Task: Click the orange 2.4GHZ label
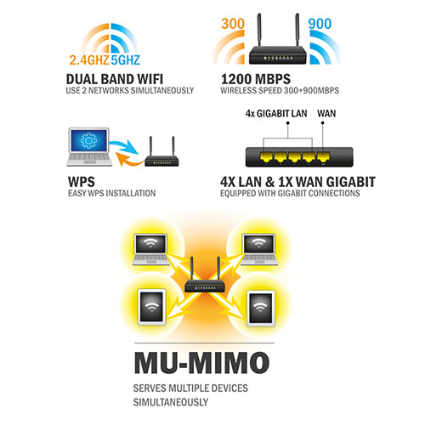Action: [89, 60]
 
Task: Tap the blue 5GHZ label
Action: [126, 60]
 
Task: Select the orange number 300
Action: [233, 24]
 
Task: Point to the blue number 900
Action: [320, 24]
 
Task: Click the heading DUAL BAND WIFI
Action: [115, 79]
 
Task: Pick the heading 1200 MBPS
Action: [256, 79]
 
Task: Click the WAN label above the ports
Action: [326, 114]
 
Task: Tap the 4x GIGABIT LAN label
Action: [276, 114]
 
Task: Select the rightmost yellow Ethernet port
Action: [323, 157]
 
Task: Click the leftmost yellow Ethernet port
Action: [266, 157]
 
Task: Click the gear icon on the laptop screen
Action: [88, 140]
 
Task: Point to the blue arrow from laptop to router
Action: [124, 146]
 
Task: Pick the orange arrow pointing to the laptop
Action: [129, 159]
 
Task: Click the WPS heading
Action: [82, 182]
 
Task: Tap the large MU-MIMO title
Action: [201, 363]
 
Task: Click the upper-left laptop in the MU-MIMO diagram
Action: [150, 249]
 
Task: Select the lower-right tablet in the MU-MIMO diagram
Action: [261, 309]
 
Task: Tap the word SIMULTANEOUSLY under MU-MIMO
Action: [171, 402]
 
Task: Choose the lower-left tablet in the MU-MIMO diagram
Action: [151, 307]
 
